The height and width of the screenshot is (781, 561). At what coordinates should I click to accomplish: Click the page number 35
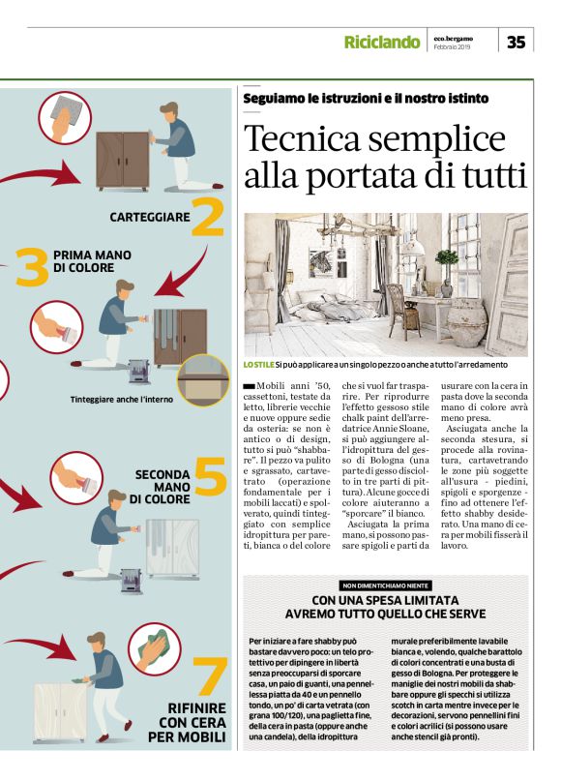(517, 42)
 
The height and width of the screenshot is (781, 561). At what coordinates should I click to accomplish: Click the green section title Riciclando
(382, 42)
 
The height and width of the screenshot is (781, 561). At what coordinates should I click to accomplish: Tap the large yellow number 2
(208, 217)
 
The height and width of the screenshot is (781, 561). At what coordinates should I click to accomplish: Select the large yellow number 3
(32, 267)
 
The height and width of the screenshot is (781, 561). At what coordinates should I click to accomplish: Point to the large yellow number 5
(211, 476)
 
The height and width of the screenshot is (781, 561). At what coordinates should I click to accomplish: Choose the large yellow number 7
(210, 676)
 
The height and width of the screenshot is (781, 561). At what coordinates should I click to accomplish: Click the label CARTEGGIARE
(150, 217)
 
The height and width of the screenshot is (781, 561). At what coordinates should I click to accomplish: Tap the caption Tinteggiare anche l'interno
(122, 399)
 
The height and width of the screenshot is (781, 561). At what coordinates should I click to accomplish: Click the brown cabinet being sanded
(123, 161)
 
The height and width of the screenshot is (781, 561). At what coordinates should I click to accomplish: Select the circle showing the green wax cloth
(155, 649)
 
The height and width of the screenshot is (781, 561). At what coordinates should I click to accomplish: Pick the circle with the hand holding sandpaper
(65, 118)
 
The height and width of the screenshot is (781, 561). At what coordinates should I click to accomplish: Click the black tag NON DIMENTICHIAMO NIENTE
(385, 586)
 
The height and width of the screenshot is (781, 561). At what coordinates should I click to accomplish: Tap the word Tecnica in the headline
(302, 138)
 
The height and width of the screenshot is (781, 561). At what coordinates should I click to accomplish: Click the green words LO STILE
(258, 365)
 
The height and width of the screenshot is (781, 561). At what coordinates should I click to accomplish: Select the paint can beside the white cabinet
(132, 581)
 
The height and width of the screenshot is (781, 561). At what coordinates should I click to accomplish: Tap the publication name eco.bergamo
(453, 39)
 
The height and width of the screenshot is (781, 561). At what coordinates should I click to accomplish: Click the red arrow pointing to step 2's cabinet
(40, 174)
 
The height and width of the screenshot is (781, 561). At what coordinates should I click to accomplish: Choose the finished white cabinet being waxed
(60, 712)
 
